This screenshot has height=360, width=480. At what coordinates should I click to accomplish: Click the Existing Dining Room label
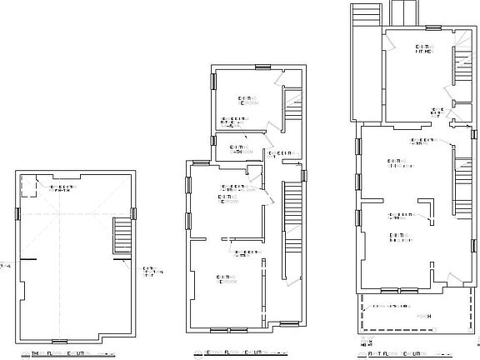coord(402,163)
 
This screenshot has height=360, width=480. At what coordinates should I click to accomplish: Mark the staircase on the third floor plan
coord(122,237)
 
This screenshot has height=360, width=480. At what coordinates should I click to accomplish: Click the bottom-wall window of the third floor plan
coord(59,341)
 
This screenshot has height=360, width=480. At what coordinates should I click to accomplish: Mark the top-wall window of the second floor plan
coord(262,65)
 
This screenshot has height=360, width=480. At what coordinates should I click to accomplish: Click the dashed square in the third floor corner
coord(27,186)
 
